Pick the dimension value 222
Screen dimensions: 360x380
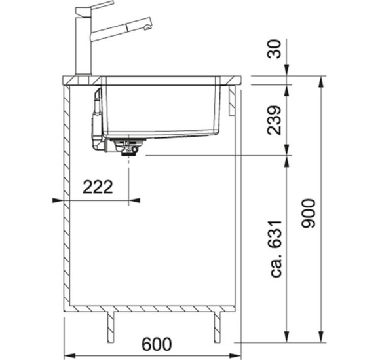tap(98, 187)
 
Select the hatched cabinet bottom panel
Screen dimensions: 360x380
tap(151, 308)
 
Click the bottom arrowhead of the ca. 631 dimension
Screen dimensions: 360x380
tap(289, 336)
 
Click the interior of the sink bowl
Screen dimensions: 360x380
tap(161, 108)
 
